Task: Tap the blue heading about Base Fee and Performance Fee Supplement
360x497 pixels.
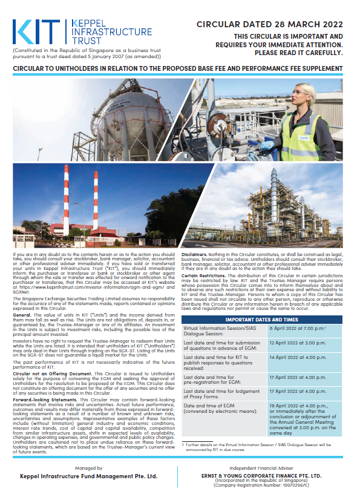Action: pos(180,70)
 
